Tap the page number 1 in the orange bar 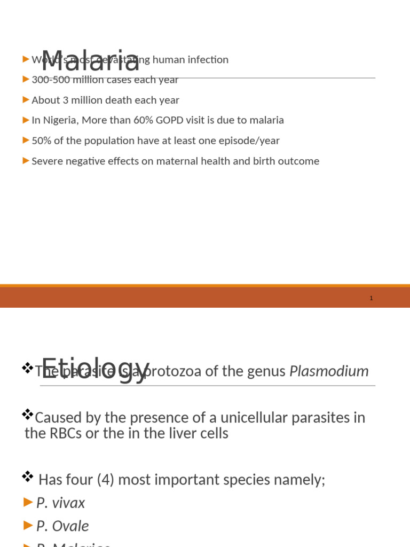[x=371, y=298]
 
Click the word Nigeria [x=60, y=121]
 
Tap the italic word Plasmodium [x=328, y=371]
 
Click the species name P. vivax [x=60, y=503]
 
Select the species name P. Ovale [x=62, y=527]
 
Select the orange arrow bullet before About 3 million [x=26, y=100]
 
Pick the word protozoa [x=175, y=371]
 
